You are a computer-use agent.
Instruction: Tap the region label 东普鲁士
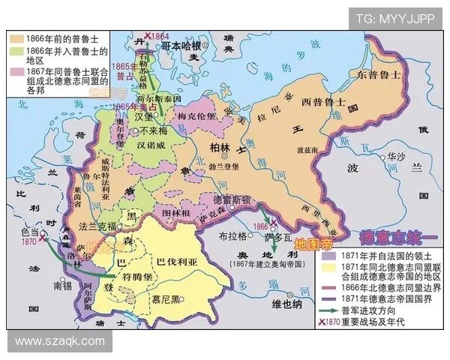point(379,75)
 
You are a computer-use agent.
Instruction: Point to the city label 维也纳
point(286,304)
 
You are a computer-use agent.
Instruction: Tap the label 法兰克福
point(97,226)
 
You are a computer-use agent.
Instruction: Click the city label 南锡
point(63,286)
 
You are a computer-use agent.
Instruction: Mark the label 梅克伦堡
point(196,116)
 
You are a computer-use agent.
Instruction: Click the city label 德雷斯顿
point(232,200)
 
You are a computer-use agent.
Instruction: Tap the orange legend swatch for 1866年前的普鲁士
point(19,36)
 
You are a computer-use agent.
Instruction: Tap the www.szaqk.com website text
point(60,340)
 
